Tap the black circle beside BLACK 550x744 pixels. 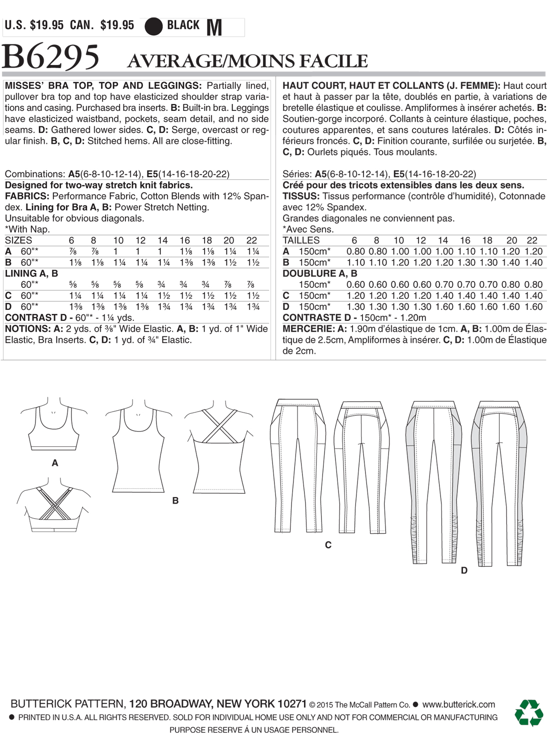click(153, 26)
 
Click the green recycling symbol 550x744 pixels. click(528, 713)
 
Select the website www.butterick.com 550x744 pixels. click(458, 705)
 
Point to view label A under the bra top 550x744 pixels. click(55, 463)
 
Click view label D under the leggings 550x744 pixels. click(464, 570)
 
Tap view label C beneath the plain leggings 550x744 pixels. click(328, 545)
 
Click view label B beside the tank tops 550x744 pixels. click(175, 500)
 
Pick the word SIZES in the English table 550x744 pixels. click(18, 240)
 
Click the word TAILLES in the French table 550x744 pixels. click(301, 240)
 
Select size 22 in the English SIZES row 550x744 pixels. click(251, 240)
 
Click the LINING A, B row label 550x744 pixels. click(31, 273)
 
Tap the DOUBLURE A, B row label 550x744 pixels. click(320, 273)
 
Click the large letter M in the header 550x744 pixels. click(214, 27)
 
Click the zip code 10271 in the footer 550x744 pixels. click(291, 704)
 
